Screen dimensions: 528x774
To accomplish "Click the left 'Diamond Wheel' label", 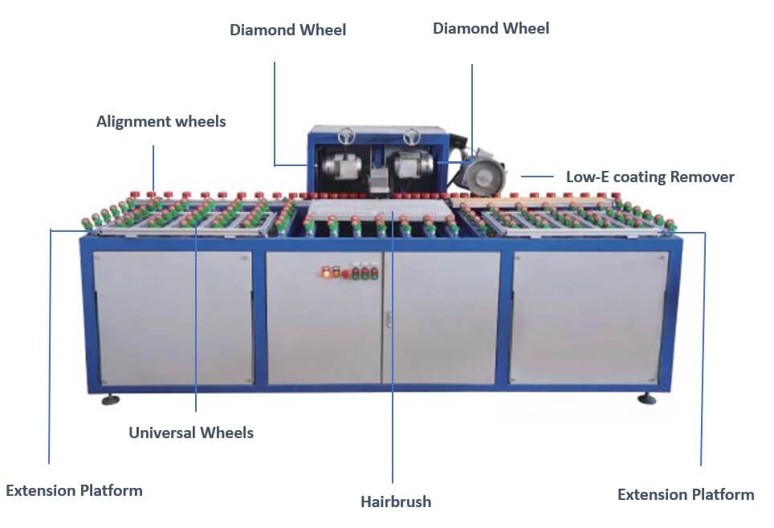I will (287, 30).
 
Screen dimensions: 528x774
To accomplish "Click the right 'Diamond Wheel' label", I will (491, 28).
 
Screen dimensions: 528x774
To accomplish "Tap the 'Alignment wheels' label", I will (161, 122).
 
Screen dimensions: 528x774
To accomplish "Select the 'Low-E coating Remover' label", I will (650, 177).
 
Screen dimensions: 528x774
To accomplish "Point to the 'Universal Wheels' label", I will (191, 433).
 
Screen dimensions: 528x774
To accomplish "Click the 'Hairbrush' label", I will (395, 502).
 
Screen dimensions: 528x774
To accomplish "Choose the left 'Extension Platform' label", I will (74, 490).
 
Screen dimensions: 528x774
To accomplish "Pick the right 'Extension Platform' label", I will (685, 494).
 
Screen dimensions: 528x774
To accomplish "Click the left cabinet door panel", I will (173, 318).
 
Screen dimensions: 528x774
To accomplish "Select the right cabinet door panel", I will (589, 318).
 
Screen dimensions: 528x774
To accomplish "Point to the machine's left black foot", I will (110, 399).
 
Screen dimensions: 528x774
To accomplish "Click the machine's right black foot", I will (646, 398).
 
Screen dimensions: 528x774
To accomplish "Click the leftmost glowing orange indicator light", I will (324, 273).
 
